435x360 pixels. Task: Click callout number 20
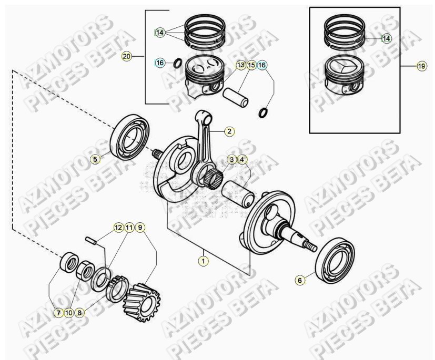tap(127, 57)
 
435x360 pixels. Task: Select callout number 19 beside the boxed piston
tap(421, 66)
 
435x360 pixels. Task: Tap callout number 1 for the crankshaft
tap(204, 261)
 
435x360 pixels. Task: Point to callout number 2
tap(229, 131)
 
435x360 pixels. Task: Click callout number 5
tap(95, 159)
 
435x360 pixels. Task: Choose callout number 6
tap(300, 280)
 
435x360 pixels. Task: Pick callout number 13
tap(241, 65)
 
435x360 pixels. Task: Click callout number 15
tap(251, 65)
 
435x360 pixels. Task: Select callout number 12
tap(118, 228)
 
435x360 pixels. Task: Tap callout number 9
tap(140, 228)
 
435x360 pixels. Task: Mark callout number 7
tap(58, 313)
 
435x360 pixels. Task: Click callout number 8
tap(79, 313)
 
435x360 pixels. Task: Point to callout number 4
tap(242, 160)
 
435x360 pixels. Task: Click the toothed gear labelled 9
tap(143, 302)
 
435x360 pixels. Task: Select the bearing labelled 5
tap(130, 137)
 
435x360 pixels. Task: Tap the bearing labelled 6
tap(335, 261)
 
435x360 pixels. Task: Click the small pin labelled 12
tap(91, 240)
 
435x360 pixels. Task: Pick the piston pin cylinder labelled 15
tap(236, 98)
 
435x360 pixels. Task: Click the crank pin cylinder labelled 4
tap(238, 194)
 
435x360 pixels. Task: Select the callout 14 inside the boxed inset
tap(386, 38)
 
